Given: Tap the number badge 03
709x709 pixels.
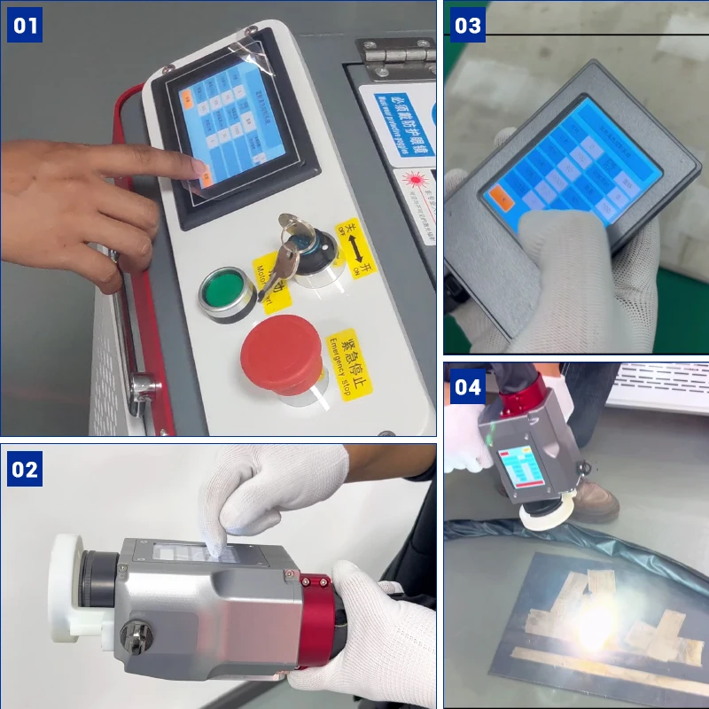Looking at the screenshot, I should [467, 25].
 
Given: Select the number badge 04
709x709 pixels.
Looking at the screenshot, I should [467, 387].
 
